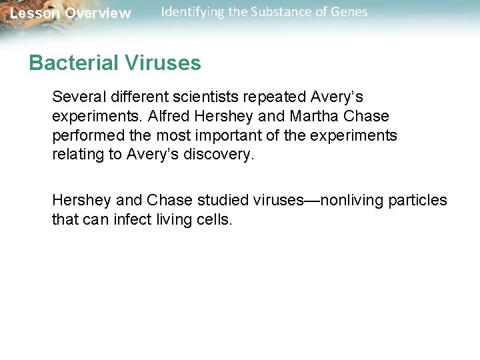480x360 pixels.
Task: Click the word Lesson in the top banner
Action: coord(34,13)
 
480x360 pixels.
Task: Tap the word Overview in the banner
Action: coord(98,13)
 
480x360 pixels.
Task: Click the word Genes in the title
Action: coord(349,12)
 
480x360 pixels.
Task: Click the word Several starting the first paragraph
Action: coord(75,97)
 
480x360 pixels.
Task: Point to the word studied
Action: coord(199,201)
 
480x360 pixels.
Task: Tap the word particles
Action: coord(419,201)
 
